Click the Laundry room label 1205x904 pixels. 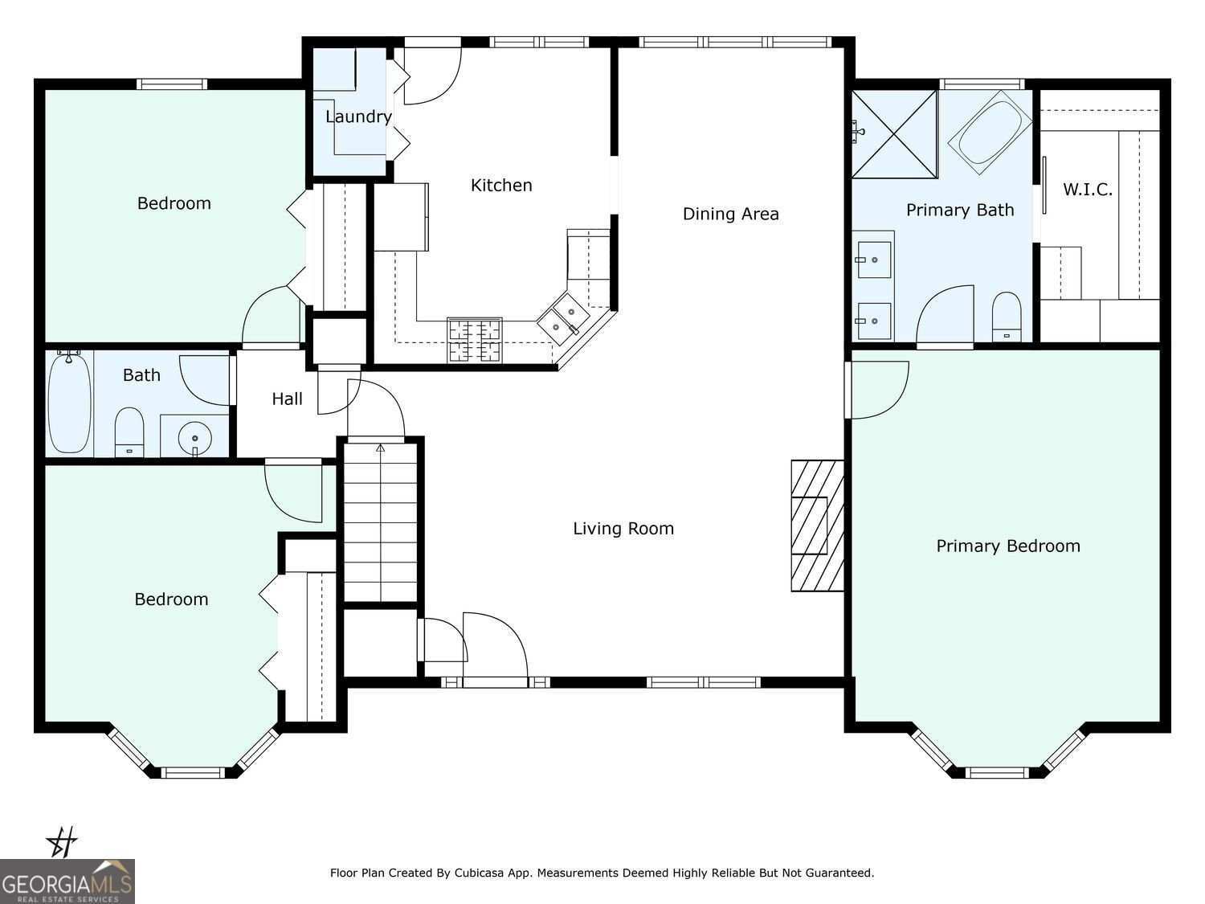click(358, 117)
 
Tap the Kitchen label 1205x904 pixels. click(501, 186)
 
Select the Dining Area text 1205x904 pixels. click(730, 214)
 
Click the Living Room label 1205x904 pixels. click(623, 529)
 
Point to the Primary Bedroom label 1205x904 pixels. click(1007, 546)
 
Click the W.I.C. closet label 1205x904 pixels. click(1088, 190)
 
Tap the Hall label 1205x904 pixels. click(287, 399)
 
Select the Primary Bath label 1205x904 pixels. click(959, 211)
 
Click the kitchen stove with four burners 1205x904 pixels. click(475, 339)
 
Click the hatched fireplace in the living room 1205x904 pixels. click(817, 526)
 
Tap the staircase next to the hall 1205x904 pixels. click(381, 522)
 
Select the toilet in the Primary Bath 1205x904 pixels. click(1006, 317)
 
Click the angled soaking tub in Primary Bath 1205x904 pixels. click(990, 132)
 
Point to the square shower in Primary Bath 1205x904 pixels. click(895, 133)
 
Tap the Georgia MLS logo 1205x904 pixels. click(67, 882)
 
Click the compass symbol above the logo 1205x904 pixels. click(62, 843)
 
